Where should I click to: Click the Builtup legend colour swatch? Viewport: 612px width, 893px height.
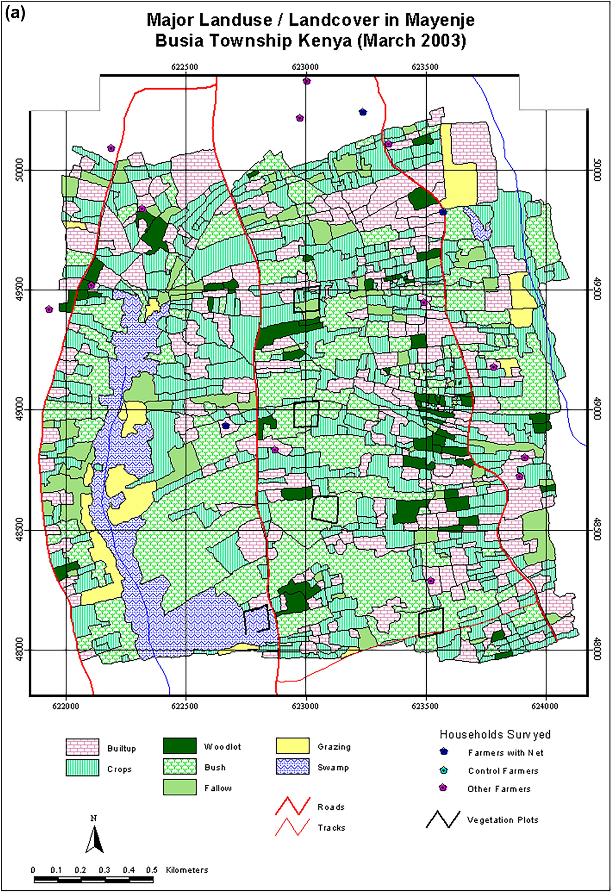click(x=82, y=747)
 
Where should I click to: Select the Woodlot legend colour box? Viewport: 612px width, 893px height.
click(x=180, y=746)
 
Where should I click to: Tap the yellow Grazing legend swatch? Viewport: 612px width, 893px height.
click(x=292, y=746)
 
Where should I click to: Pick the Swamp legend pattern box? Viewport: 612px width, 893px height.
click(x=292, y=767)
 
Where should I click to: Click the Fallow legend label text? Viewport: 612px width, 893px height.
click(x=218, y=788)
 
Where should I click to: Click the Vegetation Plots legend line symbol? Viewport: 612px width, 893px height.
click(x=443, y=819)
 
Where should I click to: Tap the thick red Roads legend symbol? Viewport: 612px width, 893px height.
click(x=292, y=806)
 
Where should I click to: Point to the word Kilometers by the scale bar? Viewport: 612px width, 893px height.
click(x=187, y=870)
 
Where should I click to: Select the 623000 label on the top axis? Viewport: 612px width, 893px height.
click(x=305, y=67)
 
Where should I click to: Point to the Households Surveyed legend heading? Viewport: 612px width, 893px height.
click(x=495, y=734)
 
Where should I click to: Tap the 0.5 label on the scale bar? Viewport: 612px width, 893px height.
click(x=151, y=870)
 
